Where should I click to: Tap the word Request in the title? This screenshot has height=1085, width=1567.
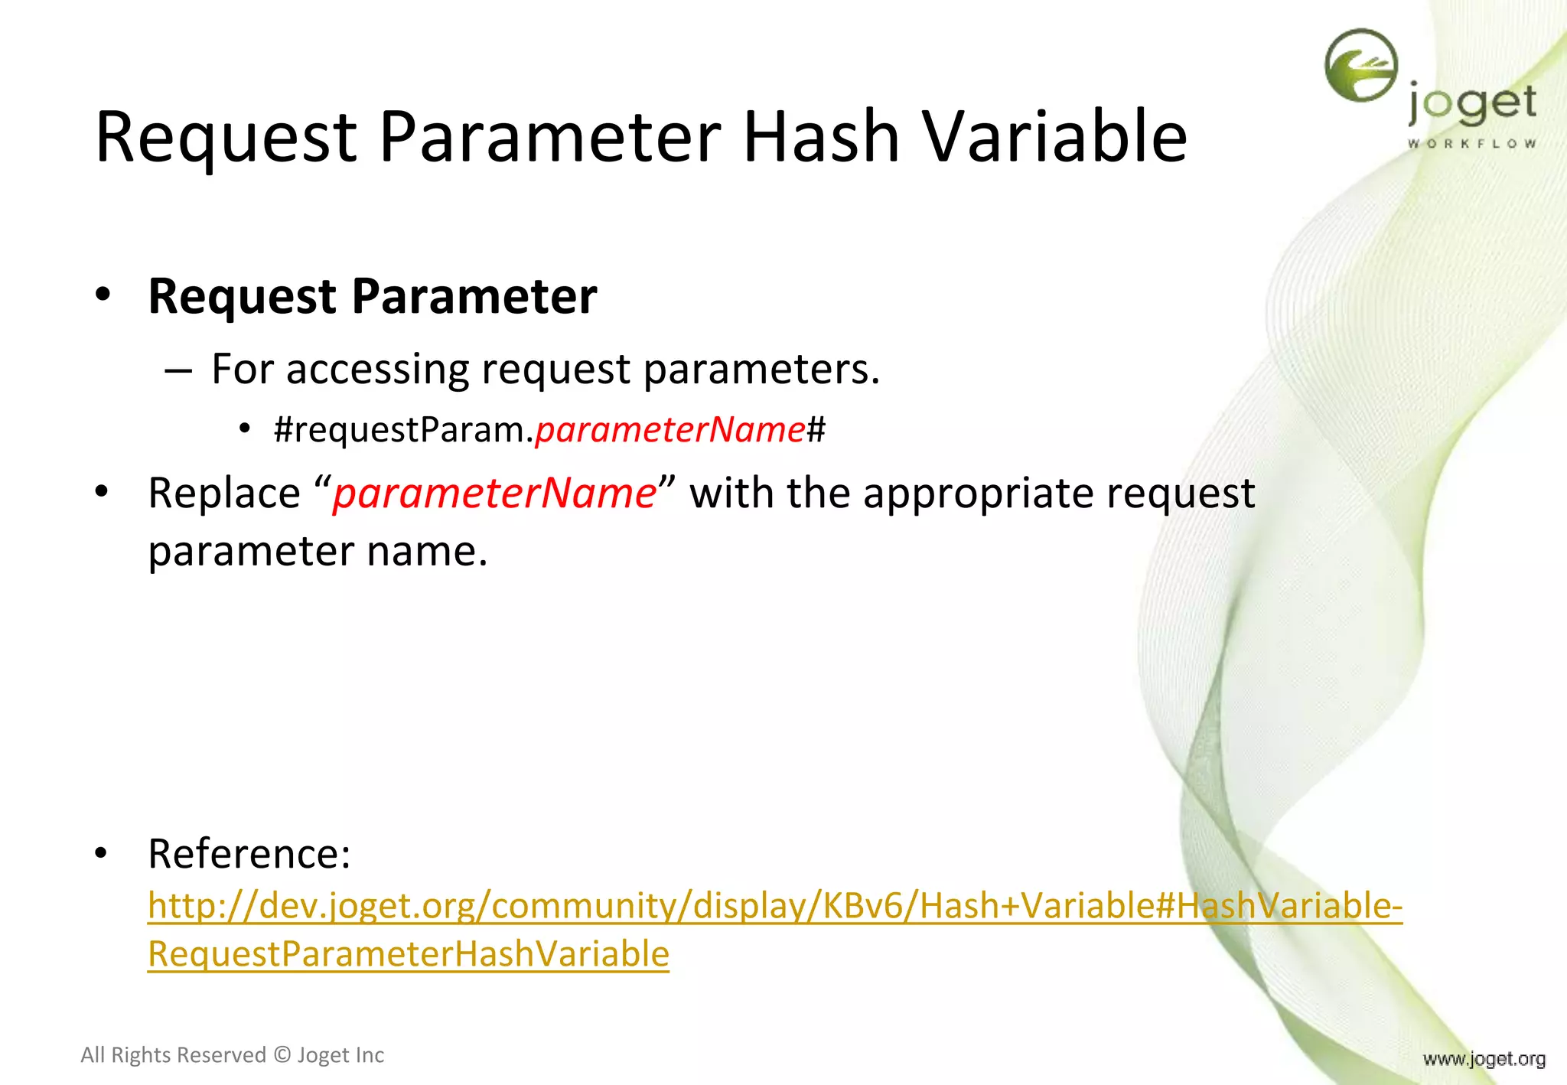click(226, 138)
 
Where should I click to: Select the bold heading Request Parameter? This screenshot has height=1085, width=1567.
click(372, 297)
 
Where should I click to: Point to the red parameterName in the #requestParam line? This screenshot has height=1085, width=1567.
click(670, 430)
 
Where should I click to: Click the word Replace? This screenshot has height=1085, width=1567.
click(224, 494)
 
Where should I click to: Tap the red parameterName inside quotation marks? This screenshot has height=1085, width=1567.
click(494, 494)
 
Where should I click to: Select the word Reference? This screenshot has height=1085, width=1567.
click(249, 854)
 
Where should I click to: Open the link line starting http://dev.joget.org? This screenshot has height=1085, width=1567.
click(774, 906)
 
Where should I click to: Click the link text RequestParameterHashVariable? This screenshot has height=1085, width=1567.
click(409, 954)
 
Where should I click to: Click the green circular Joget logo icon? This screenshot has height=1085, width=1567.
click(1360, 66)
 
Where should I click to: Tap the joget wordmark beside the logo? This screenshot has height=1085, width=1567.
click(1472, 104)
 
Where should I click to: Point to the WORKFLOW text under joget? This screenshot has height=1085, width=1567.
click(1472, 144)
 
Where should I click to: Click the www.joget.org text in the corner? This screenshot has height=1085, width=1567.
click(1484, 1059)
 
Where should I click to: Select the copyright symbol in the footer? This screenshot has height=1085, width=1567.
click(282, 1055)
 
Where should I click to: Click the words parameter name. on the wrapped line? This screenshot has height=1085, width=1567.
click(318, 552)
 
